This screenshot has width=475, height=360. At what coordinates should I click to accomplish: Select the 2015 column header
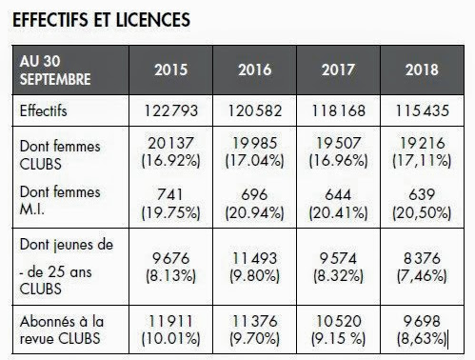pos(172,69)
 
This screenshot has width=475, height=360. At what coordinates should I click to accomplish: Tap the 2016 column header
pos(255,69)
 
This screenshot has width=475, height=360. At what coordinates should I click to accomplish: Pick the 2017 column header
pos(338,69)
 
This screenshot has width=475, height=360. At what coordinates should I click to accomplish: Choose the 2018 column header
pos(420,69)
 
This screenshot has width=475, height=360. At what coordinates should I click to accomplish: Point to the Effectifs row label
pos(47,111)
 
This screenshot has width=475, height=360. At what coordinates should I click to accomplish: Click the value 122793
pos(172,111)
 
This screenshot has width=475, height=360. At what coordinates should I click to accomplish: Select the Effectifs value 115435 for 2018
pos(420,111)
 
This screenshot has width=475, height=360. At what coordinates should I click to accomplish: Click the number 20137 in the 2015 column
pos(172,143)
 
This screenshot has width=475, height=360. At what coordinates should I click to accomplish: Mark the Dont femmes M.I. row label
pos(57,200)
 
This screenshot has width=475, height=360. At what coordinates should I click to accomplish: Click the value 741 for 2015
pos(172,192)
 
